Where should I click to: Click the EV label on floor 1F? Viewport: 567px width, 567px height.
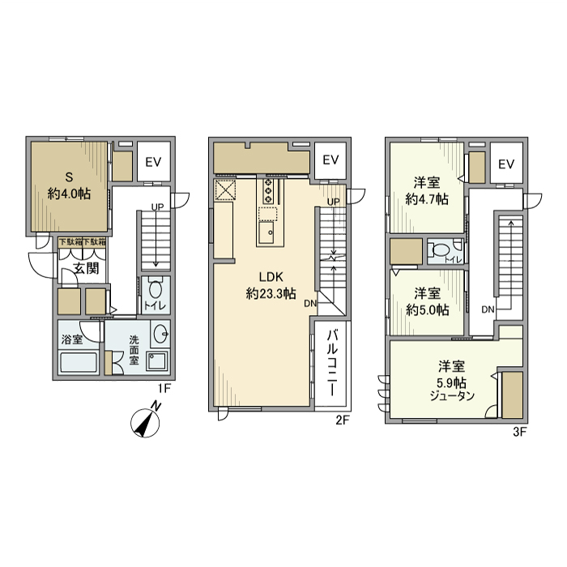coord(154,162)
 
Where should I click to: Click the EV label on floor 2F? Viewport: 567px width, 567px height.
coord(330,160)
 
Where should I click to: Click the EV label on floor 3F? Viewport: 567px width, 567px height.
coord(507,164)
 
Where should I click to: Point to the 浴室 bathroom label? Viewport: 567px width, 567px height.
coord(71,339)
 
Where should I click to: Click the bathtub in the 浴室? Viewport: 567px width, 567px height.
coord(78,362)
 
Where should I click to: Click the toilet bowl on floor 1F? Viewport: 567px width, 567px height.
coord(156,288)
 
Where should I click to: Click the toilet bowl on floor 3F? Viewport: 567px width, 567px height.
coord(441,251)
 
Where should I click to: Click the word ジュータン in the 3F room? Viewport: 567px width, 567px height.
coord(452,394)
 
